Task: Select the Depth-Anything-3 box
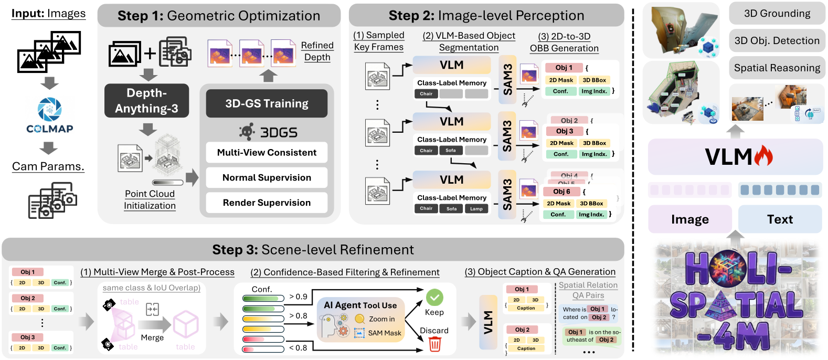coord(146,100)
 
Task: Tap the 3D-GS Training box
coord(267,103)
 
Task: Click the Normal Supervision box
coord(267,177)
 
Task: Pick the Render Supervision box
coord(267,203)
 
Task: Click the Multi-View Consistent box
coord(267,152)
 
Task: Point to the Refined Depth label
coord(317,51)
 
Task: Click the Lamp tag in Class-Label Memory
coord(476,209)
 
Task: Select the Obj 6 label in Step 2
coord(561,192)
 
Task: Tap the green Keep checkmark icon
coord(434,298)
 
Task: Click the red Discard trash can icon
coord(434,344)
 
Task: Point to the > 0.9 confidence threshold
coord(298,297)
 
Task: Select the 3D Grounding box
coord(777,14)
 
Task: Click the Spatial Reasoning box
coord(777,68)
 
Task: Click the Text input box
coord(780,219)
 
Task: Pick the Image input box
coord(689,219)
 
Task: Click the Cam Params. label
coord(48,166)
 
